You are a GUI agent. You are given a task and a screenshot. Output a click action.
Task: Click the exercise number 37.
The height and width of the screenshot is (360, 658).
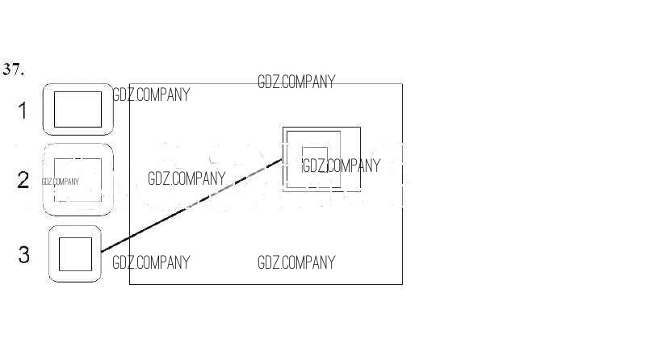tap(14, 69)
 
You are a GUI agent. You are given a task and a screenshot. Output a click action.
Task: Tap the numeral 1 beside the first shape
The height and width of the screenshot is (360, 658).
tap(23, 110)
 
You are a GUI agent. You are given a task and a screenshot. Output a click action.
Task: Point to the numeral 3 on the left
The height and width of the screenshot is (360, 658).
tap(23, 255)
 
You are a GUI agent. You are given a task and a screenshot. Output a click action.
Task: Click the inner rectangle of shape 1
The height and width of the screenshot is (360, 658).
tap(78, 110)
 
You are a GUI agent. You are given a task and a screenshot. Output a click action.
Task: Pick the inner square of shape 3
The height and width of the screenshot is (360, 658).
tap(76, 254)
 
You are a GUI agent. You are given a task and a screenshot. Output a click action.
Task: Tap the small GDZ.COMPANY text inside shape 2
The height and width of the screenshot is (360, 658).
tap(61, 182)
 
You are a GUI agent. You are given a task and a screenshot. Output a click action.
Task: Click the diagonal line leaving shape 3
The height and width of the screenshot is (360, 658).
tap(191, 207)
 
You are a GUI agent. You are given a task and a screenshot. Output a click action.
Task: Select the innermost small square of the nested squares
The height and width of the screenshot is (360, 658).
tap(314, 157)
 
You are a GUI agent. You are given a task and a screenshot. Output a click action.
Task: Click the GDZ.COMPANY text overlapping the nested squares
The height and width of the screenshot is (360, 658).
tap(340, 165)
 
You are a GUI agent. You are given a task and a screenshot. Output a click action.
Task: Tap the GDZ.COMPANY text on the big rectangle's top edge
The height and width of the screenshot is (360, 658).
tap(295, 82)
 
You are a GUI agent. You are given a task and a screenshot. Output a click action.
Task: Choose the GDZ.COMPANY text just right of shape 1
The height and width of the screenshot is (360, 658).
tap(151, 94)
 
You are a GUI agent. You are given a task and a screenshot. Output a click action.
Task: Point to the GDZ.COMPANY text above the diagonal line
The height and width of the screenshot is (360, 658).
tap(186, 178)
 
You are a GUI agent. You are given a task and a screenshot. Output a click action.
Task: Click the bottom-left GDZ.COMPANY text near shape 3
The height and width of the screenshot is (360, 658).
tap(151, 262)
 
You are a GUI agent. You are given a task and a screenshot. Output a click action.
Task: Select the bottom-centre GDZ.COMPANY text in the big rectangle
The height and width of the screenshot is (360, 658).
tap(295, 262)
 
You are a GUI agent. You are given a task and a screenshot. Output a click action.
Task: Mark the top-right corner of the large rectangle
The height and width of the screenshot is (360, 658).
tap(402, 84)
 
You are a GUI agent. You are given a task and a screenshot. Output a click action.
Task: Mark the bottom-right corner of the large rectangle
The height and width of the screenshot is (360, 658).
tap(402, 284)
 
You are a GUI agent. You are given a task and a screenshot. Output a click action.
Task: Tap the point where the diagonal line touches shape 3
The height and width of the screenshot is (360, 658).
tap(101, 253)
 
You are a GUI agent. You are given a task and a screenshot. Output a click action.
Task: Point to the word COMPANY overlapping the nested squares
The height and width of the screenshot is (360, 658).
tap(353, 165)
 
